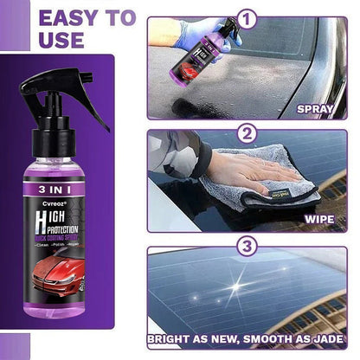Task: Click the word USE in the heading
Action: [x=32, y=40]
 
